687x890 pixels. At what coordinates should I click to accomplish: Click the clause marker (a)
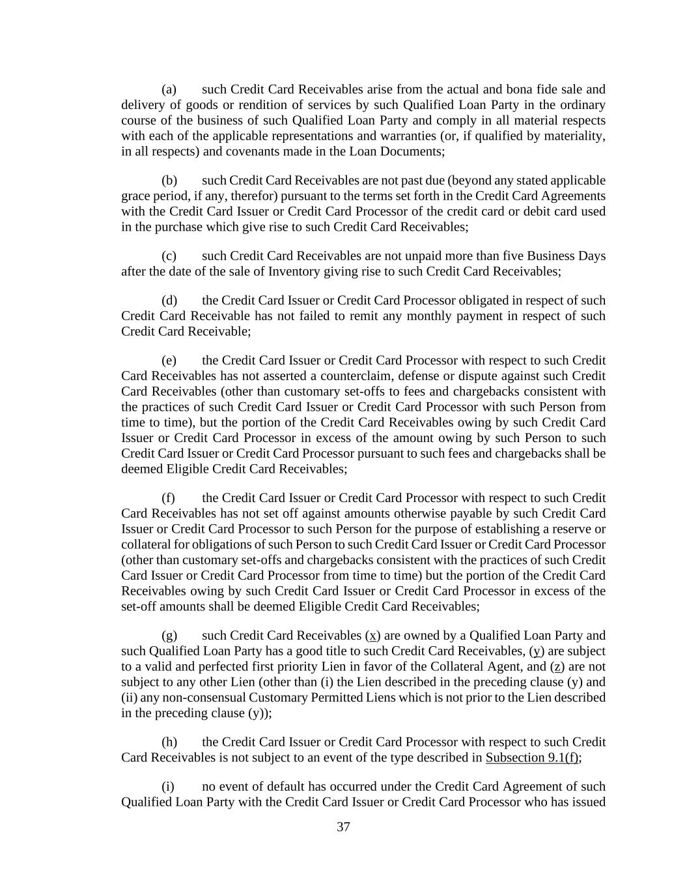[x=169, y=89]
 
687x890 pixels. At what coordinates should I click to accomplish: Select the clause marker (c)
[x=169, y=256]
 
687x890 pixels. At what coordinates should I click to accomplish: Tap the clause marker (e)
[x=169, y=361]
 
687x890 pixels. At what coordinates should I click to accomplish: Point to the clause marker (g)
[x=169, y=636]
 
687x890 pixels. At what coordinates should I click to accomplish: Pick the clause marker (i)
[x=169, y=787]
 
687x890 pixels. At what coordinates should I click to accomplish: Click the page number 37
[x=343, y=827]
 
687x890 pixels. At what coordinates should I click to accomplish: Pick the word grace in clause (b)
[x=135, y=196]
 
